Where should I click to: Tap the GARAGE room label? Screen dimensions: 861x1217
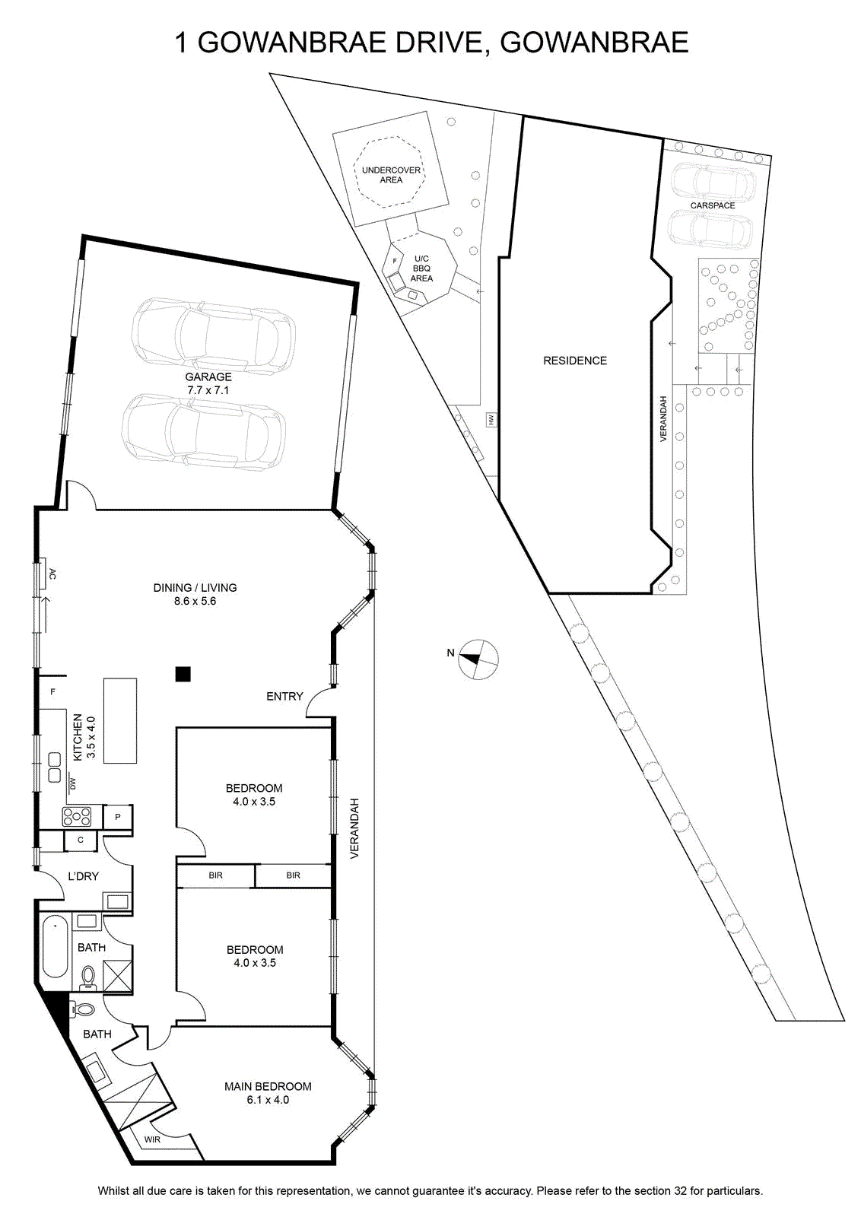point(208,377)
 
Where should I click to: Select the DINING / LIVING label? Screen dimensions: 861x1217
point(195,587)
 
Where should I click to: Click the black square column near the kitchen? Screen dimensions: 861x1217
point(183,674)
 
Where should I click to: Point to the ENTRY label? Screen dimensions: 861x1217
point(284,696)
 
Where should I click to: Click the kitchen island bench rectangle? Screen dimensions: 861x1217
point(120,720)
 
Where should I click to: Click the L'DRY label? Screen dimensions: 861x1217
point(83,875)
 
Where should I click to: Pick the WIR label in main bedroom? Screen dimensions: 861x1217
point(152,1139)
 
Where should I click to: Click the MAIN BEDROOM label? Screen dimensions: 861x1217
point(268,1086)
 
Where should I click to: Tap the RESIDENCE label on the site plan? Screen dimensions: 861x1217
point(575,361)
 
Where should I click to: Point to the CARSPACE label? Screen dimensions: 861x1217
point(713,205)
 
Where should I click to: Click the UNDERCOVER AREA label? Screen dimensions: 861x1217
point(391,174)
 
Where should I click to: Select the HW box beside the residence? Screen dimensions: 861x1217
point(491,419)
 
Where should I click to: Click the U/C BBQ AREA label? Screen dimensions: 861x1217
point(421,269)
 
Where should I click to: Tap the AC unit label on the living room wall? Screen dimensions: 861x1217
point(52,574)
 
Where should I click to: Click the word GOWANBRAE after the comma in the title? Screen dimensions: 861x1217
point(594,43)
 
